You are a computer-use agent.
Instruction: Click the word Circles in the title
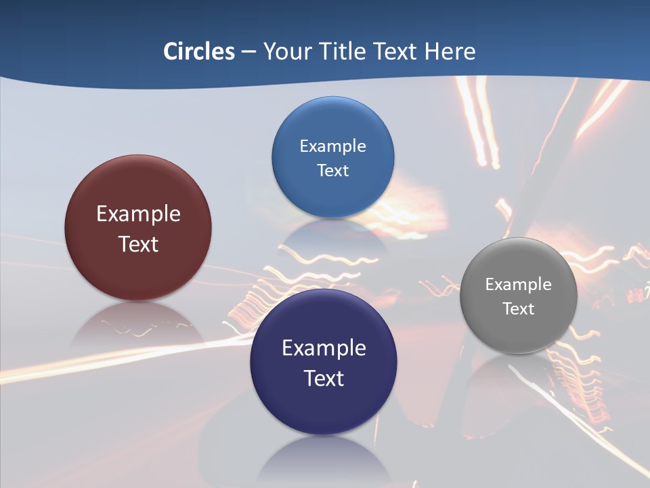pyautogui.click(x=199, y=52)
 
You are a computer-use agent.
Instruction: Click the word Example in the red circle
pyautogui.click(x=138, y=214)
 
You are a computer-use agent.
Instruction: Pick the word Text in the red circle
pyautogui.click(x=138, y=244)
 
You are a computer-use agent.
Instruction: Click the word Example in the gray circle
pyautogui.click(x=519, y=285)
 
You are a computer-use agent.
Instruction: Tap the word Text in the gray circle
pyautogui.click(x=519, y=309)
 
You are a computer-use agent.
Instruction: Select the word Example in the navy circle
pyautogui.click(x=324, y=348)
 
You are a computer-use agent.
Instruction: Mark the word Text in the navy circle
pyautogui.click(x=324, y=378)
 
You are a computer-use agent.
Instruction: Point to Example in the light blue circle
pyautogui.click(x=332, y=146)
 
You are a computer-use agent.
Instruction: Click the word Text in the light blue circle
pyautogui.click(x=332, y=171)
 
